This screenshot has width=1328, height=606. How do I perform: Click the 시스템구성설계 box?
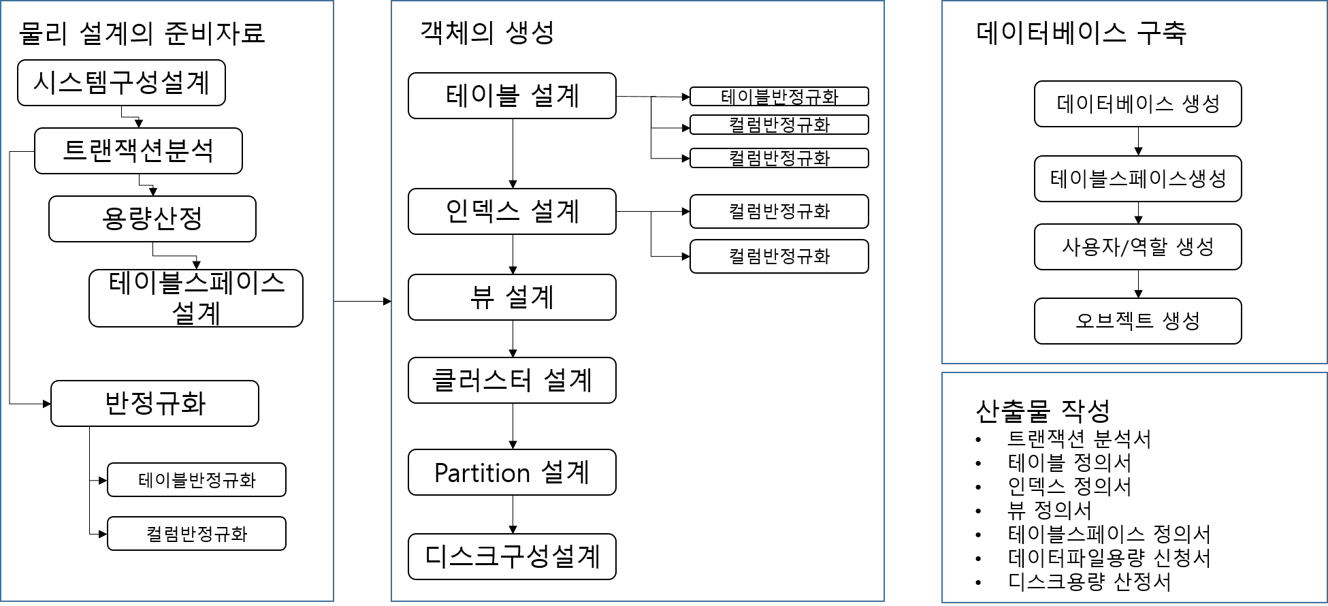(121, 83)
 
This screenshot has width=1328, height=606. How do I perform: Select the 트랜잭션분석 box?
(138, 150)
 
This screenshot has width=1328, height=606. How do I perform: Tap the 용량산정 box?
(152, 219)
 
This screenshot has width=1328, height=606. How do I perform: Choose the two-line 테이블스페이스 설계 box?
(196, 298)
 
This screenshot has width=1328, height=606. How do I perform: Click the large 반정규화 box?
(155, 403)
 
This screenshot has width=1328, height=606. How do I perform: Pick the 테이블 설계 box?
(512, 96)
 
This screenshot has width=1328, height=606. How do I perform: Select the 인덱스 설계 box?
(512, 211)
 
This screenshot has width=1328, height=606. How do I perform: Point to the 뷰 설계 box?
(512, 297)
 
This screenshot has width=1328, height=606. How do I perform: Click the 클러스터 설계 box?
(512, 380)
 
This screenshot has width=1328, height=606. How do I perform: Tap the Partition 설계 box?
(512, 472)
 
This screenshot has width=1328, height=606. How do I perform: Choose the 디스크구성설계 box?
(512, 556)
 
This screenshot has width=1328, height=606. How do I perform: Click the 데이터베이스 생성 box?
(1137, 103)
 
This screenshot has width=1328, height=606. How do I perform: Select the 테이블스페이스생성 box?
(1137, 178)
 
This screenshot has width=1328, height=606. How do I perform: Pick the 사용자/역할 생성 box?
(1137, 246)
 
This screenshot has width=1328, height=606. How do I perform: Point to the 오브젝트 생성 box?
(1137, 321)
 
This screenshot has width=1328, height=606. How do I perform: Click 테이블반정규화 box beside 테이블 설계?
(779, 97)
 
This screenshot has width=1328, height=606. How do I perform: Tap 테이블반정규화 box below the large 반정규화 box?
(196, 480)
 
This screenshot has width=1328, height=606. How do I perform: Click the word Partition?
(482, 473)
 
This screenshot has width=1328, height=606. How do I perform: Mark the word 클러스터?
(481, 380)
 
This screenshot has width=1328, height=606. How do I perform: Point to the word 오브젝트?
(1114, 321)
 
